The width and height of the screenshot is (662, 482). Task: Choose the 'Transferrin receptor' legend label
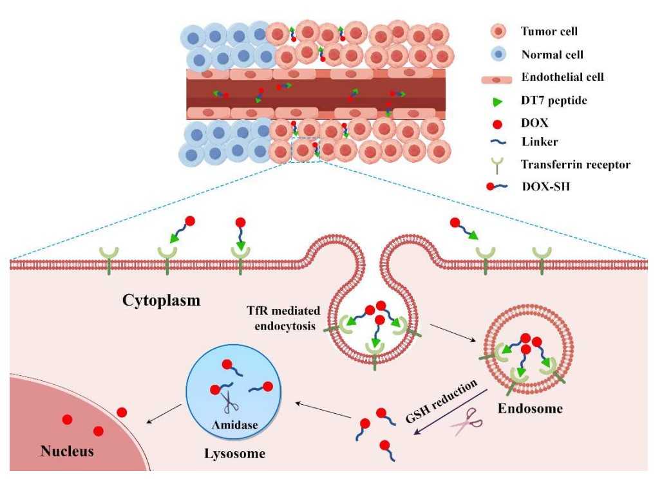pyautogui.click(x=576, y=165)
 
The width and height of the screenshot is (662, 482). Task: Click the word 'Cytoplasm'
pyautogui.click(x=160, y=301)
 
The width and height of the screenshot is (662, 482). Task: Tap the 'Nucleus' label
pyautogui.click(x=67, y=450)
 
